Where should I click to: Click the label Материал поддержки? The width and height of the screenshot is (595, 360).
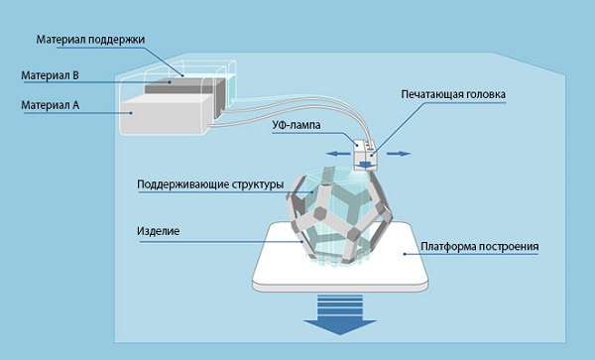pos(90,40)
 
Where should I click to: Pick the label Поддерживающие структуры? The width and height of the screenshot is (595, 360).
pos(210,184)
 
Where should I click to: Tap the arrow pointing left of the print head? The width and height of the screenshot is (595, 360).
pos(335,153)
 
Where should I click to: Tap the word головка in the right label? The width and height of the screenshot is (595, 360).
pos(485,96)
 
